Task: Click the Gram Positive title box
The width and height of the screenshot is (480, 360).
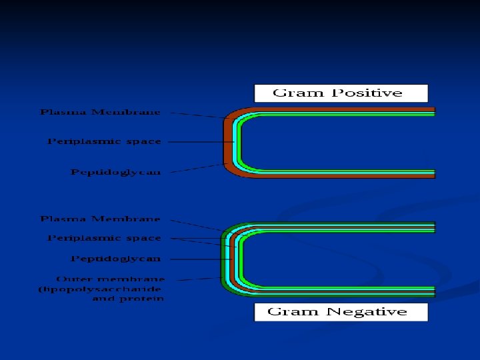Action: [341, 93]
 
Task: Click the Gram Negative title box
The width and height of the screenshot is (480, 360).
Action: [341, 312]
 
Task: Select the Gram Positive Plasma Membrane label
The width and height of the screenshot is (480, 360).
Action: [100, 112]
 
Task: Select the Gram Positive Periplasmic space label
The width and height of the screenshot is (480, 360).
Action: [104, 141]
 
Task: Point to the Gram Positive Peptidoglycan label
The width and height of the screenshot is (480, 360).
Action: [116, 172]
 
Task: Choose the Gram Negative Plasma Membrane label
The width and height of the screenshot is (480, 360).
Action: [100, 219]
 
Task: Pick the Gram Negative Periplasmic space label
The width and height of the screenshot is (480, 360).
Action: [104, 238]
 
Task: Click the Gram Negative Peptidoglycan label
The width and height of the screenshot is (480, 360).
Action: [116, 258]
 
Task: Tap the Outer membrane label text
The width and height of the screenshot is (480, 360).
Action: [111, 279]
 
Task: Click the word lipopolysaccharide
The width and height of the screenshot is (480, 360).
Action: [100, 289]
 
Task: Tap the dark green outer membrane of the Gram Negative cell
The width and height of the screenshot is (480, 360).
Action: [223, 260]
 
